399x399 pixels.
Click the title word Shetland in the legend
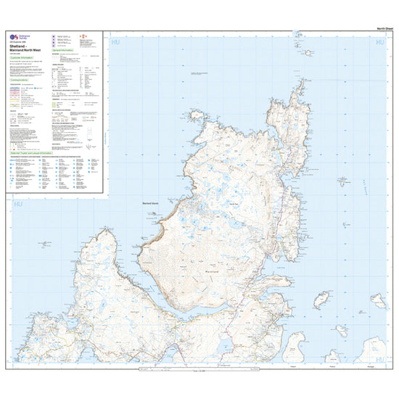coord(19,46)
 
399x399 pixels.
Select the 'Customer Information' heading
coord(25,56)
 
